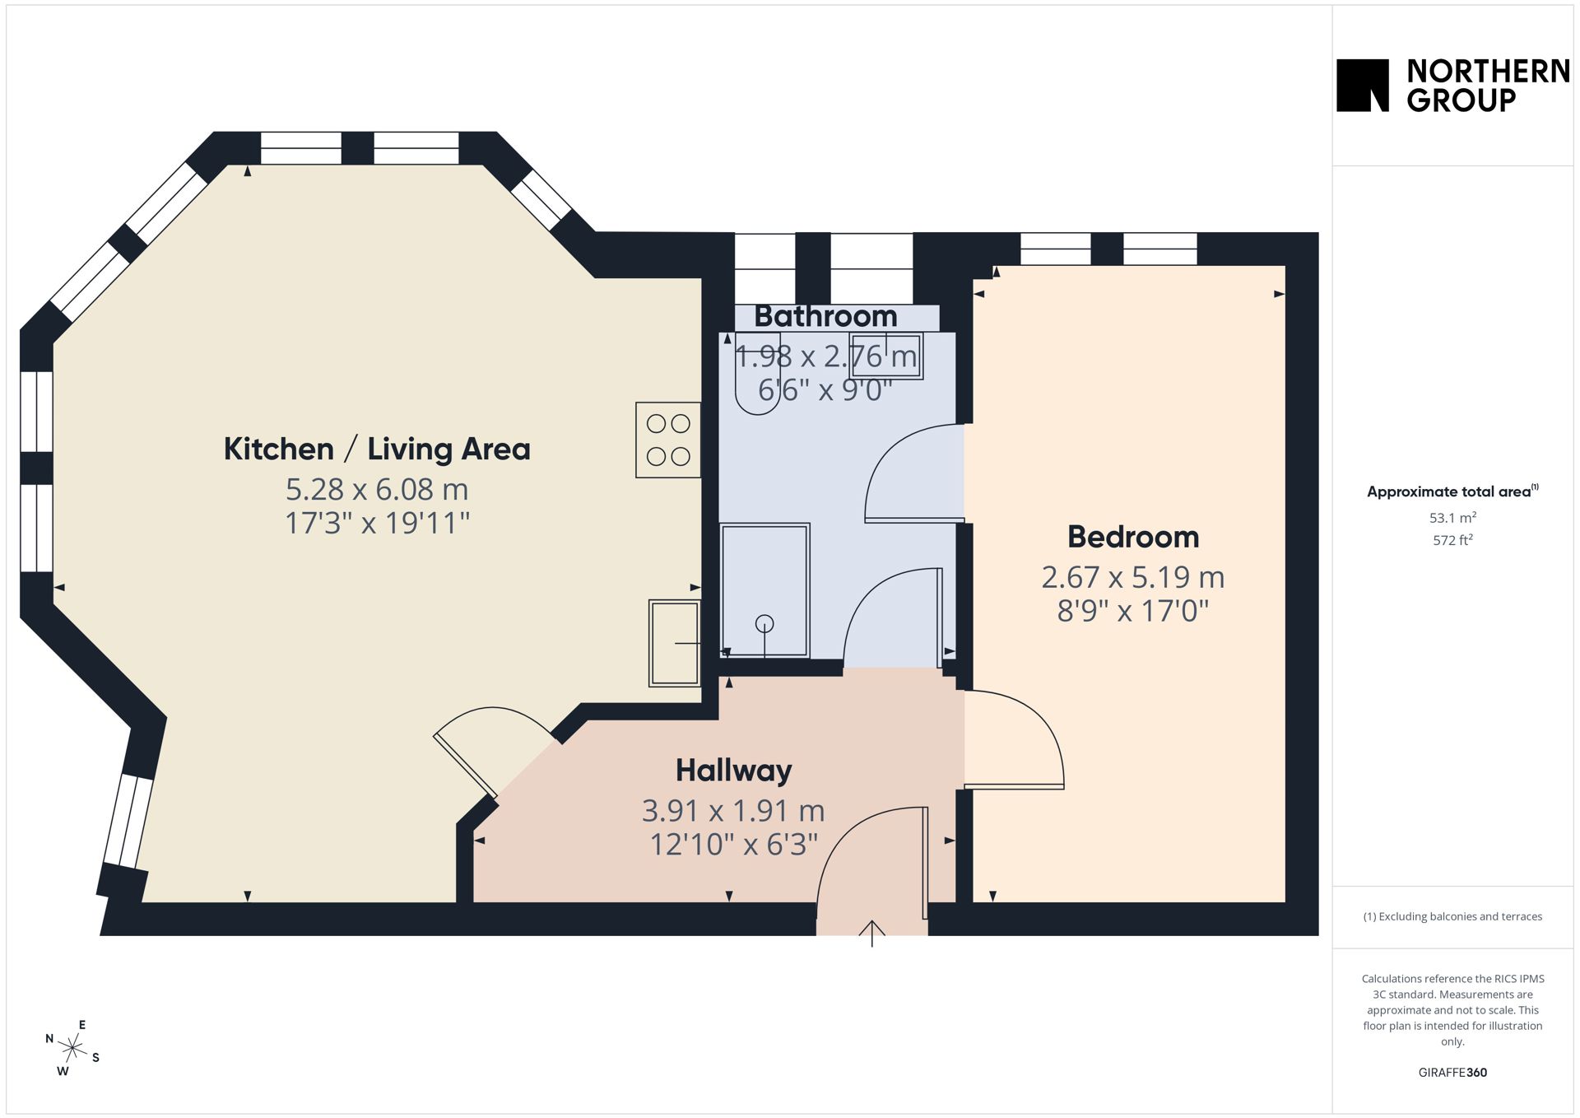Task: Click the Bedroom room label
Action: [x=1133, y=537]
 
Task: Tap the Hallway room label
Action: [x=733, y=771]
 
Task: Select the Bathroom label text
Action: [x=825, y=316]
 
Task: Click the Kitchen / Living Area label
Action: [x=377, y=449]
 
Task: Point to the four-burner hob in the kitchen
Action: [x=668, y=440]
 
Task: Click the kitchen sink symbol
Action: [x=675, y=643]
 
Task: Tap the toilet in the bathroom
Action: [x=757, y=373]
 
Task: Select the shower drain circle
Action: [x=764, y=624]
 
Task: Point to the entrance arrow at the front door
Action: [x=872, y=933]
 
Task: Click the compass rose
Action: [x=72, y=1048]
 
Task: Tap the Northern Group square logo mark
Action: [x=1363, y=85]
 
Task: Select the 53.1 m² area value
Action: [x=1452, y=518]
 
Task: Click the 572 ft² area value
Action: [x=1452, y=540]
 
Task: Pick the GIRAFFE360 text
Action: [x=1452, y=1072]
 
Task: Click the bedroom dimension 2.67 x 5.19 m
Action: [x=1133, y=577]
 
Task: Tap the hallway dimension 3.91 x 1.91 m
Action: [x=733, y=811]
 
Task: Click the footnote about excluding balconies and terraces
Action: [x=1452, y=916]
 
